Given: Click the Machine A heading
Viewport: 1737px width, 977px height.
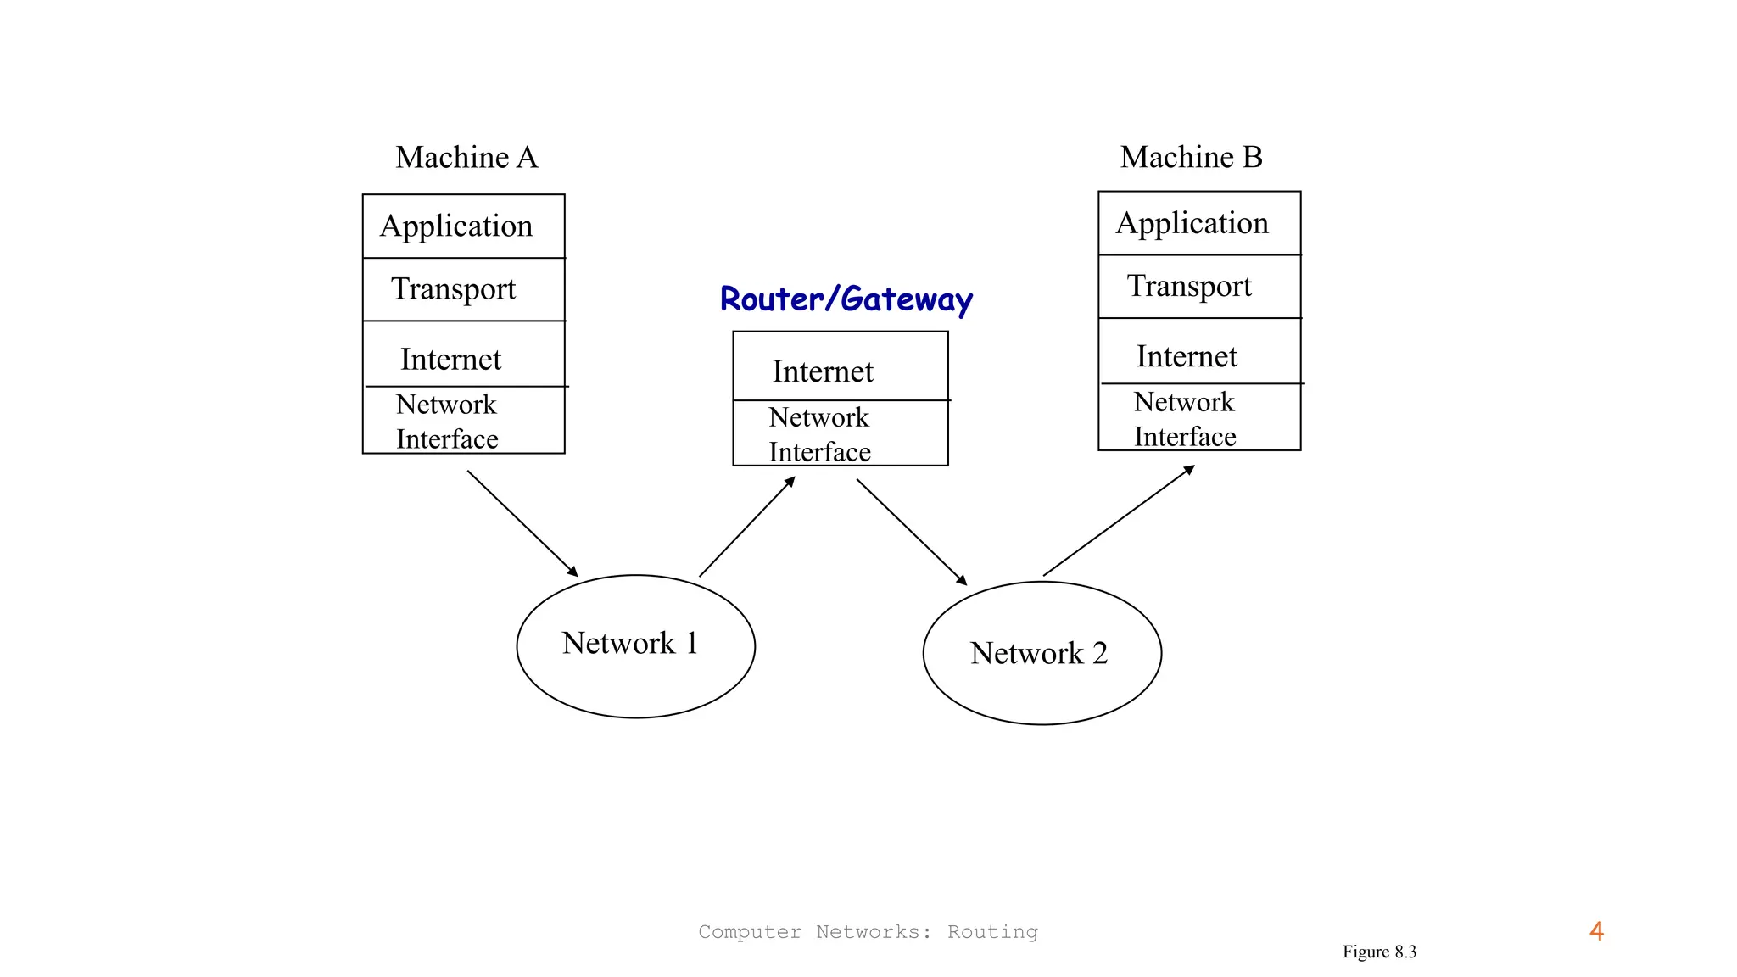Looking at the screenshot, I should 466,158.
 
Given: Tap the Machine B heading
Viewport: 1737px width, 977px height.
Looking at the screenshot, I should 1191,158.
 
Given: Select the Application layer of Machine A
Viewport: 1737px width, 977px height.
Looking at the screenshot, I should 463,226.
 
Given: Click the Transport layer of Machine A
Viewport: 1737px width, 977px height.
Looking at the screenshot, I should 463,289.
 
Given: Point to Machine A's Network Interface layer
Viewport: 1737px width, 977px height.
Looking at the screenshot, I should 463,421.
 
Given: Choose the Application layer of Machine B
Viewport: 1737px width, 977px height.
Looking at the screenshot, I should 1198,223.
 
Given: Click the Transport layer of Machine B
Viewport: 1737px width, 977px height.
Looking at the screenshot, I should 1198,287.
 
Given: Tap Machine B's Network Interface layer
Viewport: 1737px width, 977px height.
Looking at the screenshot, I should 1198,418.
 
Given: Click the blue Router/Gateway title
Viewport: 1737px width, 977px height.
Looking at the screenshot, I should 846,299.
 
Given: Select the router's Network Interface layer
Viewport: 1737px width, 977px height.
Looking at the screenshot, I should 840,433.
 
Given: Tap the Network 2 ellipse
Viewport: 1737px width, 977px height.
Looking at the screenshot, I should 1042,653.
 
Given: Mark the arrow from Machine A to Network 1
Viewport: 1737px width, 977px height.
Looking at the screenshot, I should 522,523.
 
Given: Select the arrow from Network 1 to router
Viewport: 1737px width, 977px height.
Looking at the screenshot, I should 747,527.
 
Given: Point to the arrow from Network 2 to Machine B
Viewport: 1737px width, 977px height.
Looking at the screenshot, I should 1119,521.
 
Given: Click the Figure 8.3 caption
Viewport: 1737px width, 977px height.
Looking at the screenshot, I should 1379,952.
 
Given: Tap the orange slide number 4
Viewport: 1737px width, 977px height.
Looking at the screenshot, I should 1596,931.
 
